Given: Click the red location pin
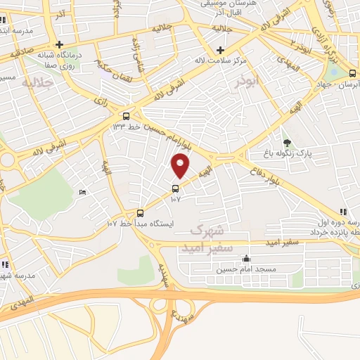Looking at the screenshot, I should (x=181, y=166).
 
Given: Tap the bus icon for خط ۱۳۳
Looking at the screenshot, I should (x=126, y=116).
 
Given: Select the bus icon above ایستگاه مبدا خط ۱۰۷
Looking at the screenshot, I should (x=140, y=212).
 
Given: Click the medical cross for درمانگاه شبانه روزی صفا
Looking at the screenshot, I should (x=60, y=45).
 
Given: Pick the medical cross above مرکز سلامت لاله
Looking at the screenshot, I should (x=221, y=50).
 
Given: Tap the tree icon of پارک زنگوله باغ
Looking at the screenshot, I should (x=285, y=143).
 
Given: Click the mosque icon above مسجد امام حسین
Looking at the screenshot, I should (x=245, y=258).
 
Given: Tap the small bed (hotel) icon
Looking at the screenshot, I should (x=83, y=192).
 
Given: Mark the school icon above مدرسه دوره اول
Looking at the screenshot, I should (x=342, y=211).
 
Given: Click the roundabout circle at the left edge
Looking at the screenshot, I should (x=8, y=160).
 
